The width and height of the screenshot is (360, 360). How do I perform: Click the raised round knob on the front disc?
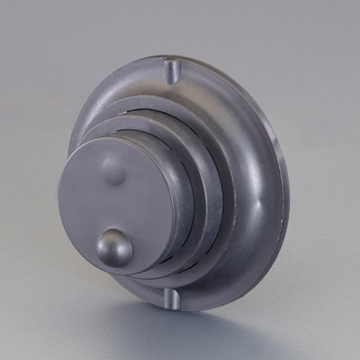point(114,247)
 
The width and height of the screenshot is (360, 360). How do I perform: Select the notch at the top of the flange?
point(170,71)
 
